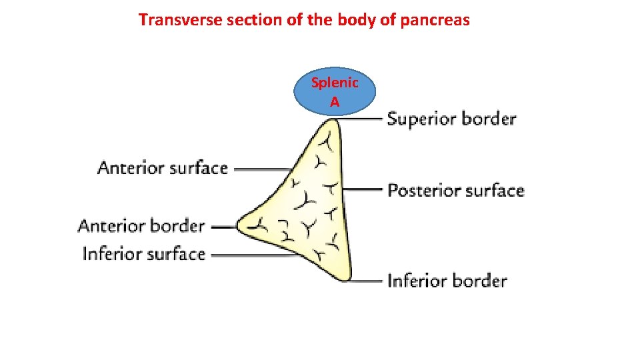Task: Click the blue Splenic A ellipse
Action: coord(335,93)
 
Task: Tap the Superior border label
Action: coord(451,119)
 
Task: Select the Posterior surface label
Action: coord(456,191)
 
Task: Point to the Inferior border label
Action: coord(447,280)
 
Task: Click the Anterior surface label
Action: coord(163,167)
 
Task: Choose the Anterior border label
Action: coord(141,226)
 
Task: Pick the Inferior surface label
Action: coord(143,254)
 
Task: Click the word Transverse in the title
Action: coord(181,20)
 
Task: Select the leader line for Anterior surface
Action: coord(263,169)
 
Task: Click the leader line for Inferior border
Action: coord(367,281)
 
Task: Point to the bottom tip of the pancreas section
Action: coord(345,278)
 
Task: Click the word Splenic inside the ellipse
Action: coord(335,83)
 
